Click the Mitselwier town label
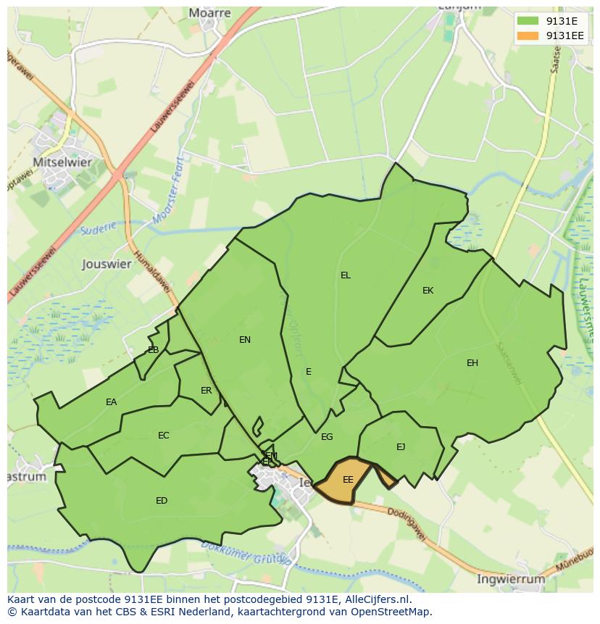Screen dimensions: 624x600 tap(62, 162)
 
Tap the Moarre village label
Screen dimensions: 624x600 tap(209, 12)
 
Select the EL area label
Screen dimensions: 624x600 tap(346, 275)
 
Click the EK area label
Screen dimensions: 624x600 tap(428, 290)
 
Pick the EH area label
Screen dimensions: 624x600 tap(472, 362)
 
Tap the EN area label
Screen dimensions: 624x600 tap(245, 339)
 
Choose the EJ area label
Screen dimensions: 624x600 tap(401, 446)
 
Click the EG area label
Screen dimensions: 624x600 tap(327, 436)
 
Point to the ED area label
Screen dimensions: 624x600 tap(162, 500)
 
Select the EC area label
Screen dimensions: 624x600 tap(164, 435)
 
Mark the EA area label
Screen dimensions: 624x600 tap(111, 402)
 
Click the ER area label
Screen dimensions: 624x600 tap(207, 390)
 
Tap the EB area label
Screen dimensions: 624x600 tap(153, 349)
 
